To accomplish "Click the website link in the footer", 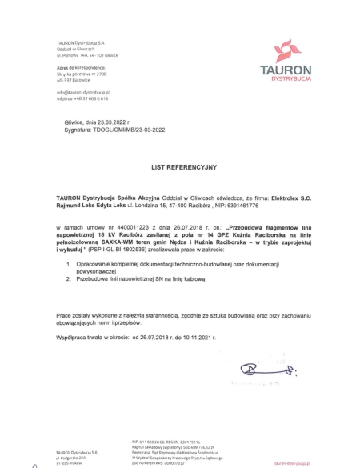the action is (318, 462).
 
